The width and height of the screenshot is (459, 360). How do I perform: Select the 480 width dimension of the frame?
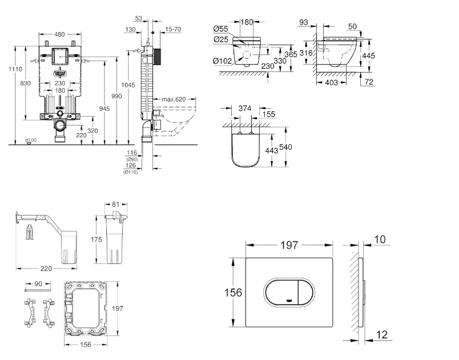(x=59, y=34)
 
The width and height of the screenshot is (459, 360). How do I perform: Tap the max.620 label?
(x=174, y=99)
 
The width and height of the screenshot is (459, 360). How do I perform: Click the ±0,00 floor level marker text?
(x=30, y=140)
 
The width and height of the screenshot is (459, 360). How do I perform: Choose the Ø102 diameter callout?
(x=223, y=61)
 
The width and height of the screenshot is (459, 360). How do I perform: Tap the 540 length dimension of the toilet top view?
(x=286, y=147)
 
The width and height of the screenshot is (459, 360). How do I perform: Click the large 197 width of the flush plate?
(x=289, y=245)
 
